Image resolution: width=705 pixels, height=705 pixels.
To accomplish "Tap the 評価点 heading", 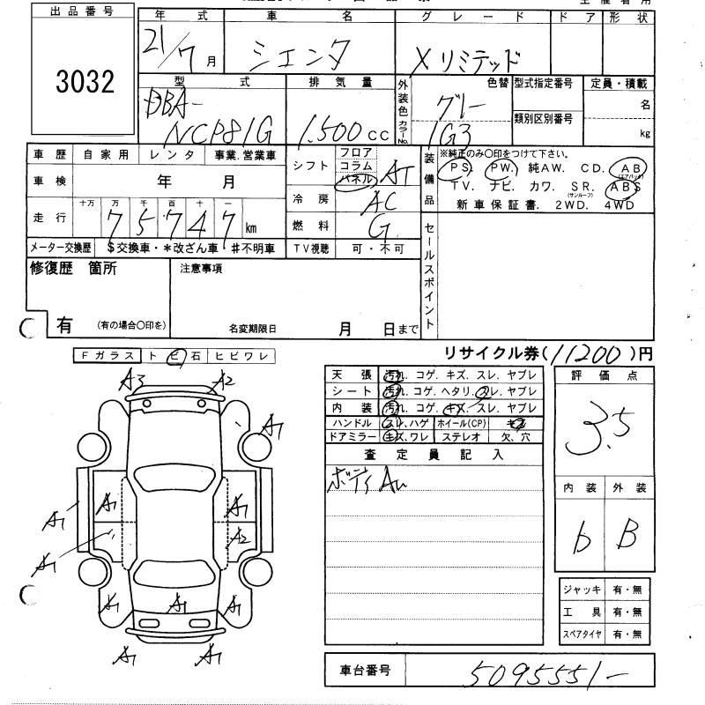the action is (603, 375).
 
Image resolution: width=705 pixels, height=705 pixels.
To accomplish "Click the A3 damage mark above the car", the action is (134, 381).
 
